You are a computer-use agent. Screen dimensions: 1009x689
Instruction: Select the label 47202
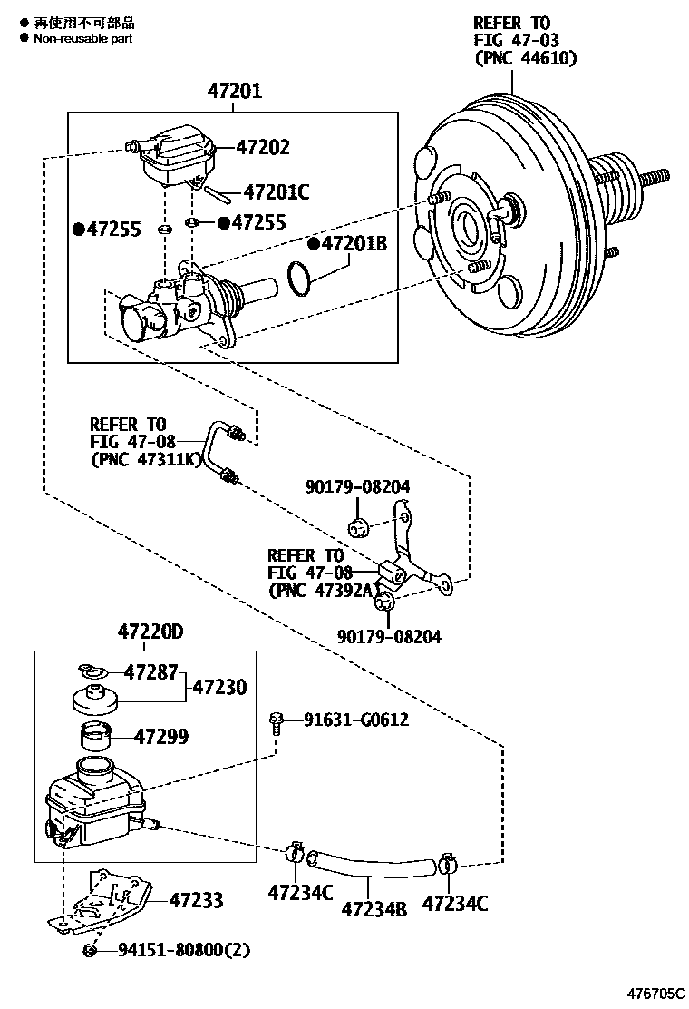pos(263,147)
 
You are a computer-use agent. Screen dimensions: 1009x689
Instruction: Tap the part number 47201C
pos(277,192)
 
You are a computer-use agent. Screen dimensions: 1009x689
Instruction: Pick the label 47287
pos(152,672)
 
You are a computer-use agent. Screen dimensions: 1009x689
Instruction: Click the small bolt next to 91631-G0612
pos(277,721)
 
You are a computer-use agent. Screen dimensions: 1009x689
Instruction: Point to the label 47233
pos(196,900)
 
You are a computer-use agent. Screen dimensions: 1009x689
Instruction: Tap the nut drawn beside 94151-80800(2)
pos(92,950)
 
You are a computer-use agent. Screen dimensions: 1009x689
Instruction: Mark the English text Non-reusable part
pos(82,38)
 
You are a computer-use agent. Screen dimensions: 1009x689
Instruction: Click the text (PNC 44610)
pos(525,58)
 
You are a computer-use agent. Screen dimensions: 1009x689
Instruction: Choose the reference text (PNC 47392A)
pos(321,590)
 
